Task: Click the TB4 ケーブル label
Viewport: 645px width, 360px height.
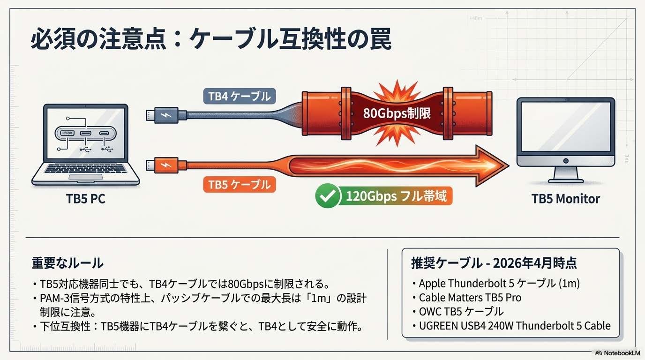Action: (239, 97)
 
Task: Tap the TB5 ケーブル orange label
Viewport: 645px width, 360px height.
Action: (239, 184)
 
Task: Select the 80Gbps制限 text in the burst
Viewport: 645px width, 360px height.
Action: (397, 113)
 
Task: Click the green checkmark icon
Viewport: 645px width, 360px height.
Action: (326, 196)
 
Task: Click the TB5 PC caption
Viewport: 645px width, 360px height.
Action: (86, 199)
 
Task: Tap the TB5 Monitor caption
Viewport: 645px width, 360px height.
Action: (565, 199)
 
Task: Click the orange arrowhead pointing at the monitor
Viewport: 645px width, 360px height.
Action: (492, 165)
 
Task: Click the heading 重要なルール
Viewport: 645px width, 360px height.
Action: (67, 263)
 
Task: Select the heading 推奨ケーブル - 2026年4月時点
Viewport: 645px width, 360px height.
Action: (494, 263)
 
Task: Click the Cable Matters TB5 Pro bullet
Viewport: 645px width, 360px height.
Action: (470, 297)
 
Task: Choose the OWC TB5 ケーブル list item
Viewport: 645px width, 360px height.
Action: (461, 311)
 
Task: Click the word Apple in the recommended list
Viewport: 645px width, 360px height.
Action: (432, 284)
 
